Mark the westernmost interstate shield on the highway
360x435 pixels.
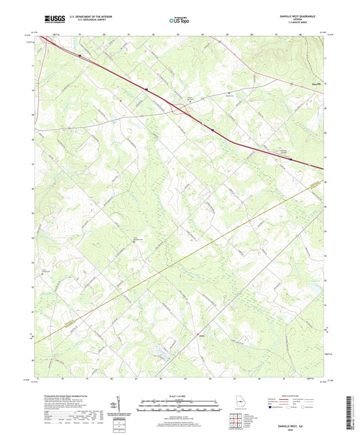click(80, 55)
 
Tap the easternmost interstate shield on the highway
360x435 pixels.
click(290, 159)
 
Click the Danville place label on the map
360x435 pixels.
click(310, 84)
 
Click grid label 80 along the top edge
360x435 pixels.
click(104, 33)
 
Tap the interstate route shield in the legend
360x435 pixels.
click(272, 408)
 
